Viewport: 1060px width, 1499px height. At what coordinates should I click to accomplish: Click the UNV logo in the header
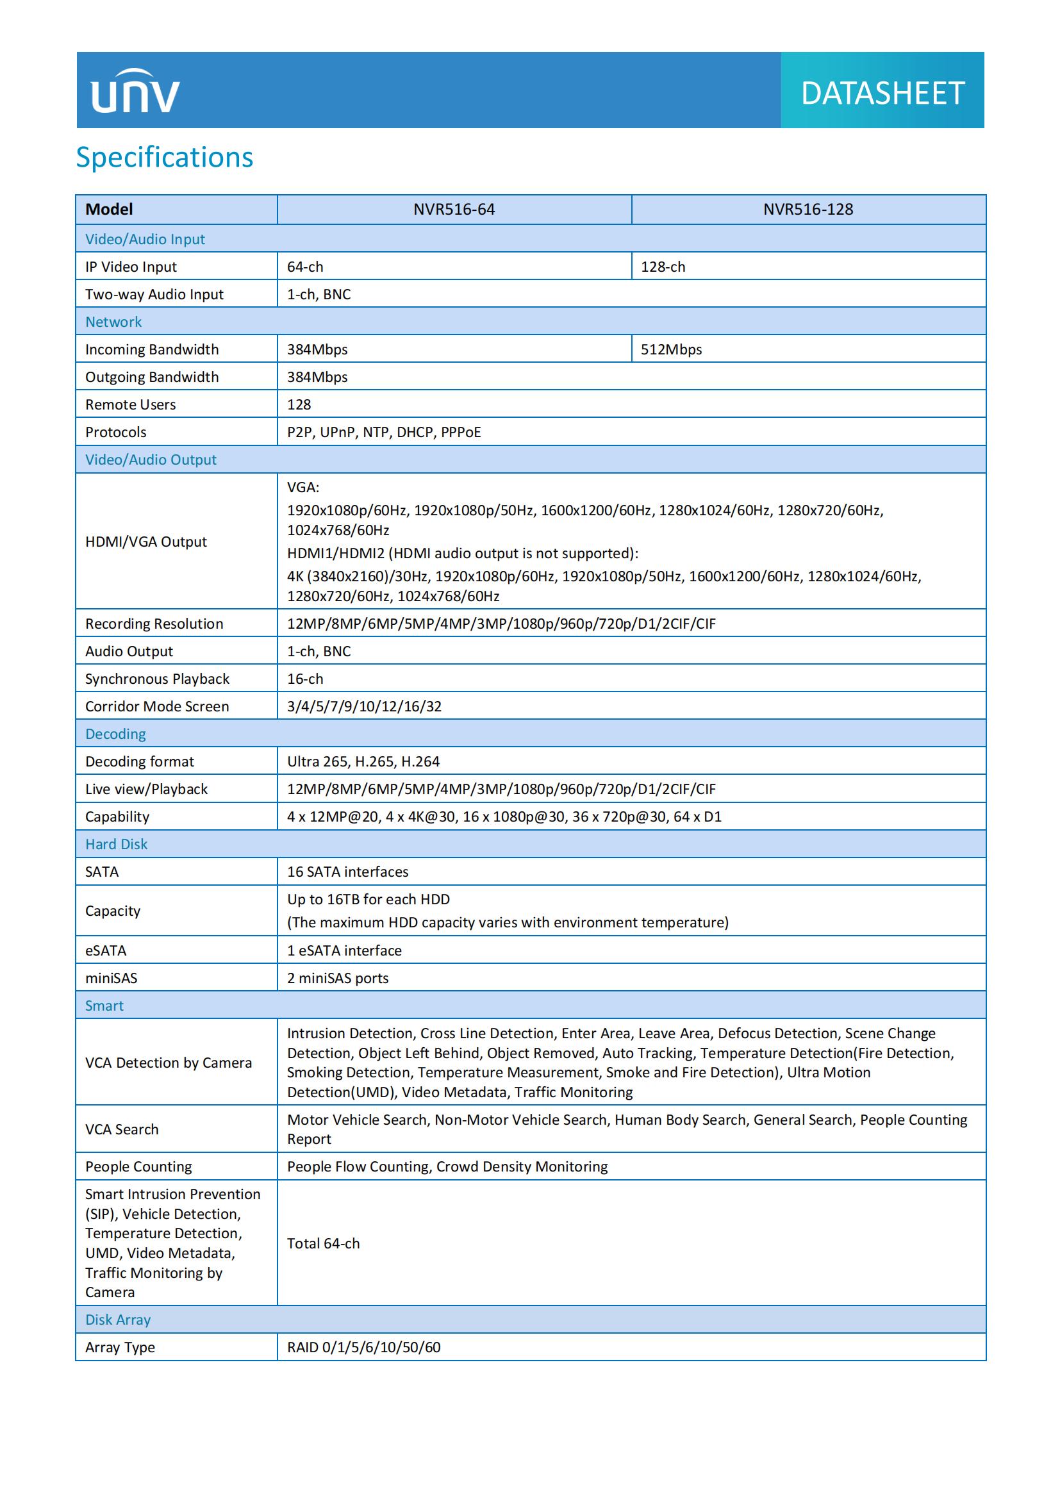(135, 92)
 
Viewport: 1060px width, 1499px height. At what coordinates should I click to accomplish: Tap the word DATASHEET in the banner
(882, 94)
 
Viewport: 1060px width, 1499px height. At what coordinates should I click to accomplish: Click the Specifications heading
(165, 158)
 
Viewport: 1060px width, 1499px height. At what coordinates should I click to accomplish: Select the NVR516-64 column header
(454, 210)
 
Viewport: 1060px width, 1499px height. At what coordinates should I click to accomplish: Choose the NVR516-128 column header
(808, 210)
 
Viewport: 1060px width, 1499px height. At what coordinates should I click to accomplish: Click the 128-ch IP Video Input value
(663, 267)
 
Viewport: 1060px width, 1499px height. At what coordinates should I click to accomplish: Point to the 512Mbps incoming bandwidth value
(671, 349)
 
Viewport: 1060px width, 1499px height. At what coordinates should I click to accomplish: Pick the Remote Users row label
(131, 405)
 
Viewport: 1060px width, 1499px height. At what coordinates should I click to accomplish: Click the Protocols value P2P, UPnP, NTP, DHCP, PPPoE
(384, 432)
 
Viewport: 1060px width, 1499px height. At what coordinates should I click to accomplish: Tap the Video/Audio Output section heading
(151, 460)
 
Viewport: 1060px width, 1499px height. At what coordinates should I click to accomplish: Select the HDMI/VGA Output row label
(146, 542)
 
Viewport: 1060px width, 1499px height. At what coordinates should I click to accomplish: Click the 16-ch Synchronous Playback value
(305, 679)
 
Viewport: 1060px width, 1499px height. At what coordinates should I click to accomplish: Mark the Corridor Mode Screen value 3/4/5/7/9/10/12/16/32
(364, 706)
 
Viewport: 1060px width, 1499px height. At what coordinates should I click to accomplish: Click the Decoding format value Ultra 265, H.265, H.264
(363, 761)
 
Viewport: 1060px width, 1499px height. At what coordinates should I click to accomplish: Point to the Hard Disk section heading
(116, 844)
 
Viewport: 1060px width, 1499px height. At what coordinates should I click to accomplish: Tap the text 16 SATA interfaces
(347, 872)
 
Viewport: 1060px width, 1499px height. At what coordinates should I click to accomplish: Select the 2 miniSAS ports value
(338, 978)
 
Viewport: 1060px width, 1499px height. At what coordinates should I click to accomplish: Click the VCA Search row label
(122, 1129)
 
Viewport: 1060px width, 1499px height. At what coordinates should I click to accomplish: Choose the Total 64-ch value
(323, 1244)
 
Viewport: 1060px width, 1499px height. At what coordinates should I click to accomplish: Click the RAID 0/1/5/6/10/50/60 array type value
(363, 1348)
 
